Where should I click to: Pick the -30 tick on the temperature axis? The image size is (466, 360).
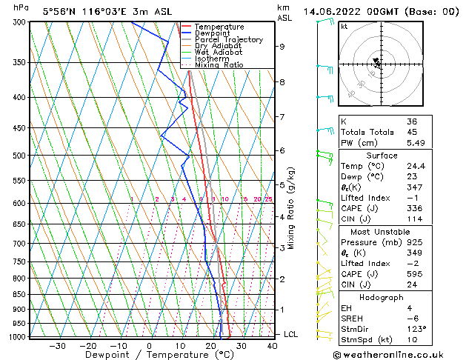tap(57, 346)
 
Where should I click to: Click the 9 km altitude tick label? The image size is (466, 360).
tap(282, 46)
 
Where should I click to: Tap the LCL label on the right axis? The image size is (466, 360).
tap(292, 334)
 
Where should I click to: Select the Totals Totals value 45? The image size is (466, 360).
tap(412, 132)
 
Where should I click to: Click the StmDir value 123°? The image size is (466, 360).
tap(416, 329)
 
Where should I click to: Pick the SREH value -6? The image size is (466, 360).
tap(413, 318)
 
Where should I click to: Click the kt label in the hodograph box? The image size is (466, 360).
tap(344, 27)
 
